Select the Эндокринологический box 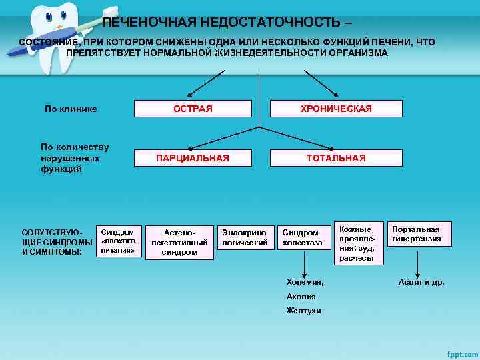[244, 238]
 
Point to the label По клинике [71, 109]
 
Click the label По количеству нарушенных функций [75, 158]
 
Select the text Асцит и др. [421, 282]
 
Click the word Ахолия [301, 297]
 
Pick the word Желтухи [303, 311]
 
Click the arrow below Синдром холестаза [303, 264]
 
